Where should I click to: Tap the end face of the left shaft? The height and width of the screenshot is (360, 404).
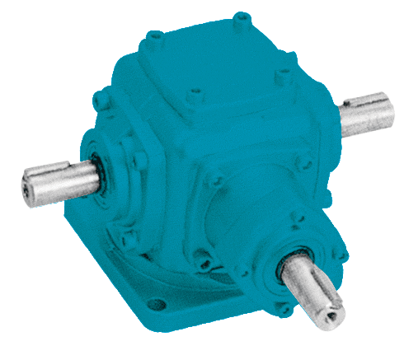tap(30, 186)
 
